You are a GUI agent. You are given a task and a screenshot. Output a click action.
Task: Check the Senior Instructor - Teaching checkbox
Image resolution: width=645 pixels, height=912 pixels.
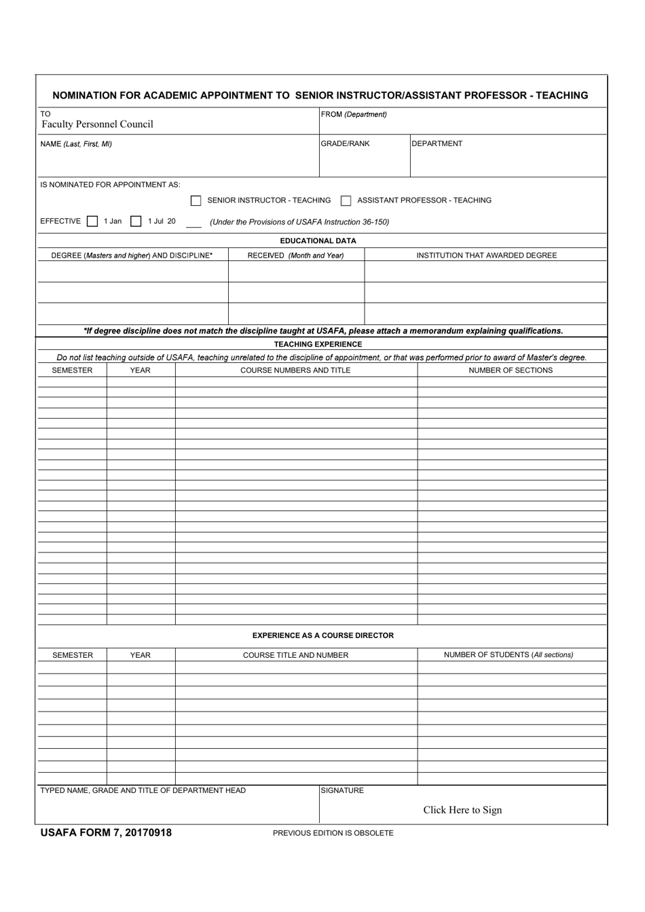coord(196,200)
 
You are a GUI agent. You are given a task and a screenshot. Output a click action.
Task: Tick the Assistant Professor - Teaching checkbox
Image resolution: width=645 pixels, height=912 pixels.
coord(346,200)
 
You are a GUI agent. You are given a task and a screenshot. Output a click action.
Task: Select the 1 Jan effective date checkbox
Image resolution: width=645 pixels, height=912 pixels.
coord(92,222)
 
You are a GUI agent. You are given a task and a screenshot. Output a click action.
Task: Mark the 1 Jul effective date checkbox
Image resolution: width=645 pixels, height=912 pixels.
coord(136,222)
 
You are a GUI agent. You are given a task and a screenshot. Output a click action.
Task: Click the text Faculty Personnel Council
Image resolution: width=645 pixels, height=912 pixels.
coord(97,124)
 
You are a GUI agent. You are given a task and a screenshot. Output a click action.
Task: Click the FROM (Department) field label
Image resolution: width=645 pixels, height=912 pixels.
coord(354,114)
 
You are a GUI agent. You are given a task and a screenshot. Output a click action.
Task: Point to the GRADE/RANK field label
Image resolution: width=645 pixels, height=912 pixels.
coord(346,143)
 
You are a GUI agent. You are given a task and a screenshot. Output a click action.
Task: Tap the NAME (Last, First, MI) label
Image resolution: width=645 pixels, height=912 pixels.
coord(76,144)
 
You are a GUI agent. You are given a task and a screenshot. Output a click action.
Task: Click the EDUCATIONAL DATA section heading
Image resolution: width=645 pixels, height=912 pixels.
coord(318,241)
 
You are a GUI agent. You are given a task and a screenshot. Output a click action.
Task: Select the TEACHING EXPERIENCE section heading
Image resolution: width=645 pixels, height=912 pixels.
coord(318,344)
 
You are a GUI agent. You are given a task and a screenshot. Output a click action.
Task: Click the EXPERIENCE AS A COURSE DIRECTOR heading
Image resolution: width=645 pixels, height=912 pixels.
coord(322,635)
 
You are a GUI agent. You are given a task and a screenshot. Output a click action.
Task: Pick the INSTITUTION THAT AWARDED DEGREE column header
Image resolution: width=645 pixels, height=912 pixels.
coord(486,256)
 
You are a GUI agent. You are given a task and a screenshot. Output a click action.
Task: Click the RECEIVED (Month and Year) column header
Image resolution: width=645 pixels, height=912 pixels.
coord(295,256)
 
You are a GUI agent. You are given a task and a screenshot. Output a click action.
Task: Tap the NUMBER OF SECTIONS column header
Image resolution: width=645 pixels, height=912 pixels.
coord(511,370)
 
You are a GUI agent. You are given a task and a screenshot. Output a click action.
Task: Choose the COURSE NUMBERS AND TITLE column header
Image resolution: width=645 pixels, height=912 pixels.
coord(295,370)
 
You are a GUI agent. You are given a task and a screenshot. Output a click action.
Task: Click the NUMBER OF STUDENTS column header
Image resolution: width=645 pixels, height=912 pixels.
coord(508,655)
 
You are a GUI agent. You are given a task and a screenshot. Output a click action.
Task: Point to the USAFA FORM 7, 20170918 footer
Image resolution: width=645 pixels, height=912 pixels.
coord(106,832)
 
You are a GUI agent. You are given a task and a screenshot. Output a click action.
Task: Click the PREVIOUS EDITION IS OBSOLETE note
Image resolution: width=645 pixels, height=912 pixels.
coord(333,833)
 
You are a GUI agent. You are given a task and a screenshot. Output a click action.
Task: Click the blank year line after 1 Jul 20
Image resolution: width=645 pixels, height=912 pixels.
coord(193,223)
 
